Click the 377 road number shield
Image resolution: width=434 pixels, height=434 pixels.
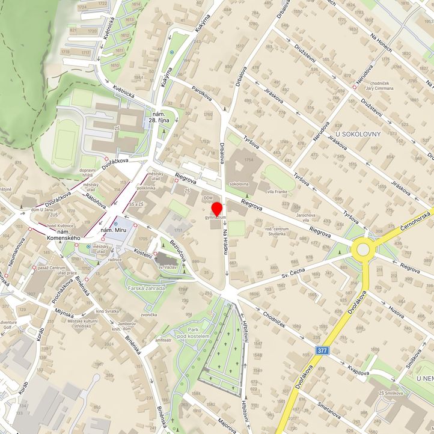(322, 350)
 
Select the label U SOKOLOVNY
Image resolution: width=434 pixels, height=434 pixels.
(358, 133)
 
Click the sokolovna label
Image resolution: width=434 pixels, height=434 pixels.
(239, 184)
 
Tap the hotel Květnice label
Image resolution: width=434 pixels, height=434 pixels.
(60, 226)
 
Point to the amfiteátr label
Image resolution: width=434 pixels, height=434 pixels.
(163, 340)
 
